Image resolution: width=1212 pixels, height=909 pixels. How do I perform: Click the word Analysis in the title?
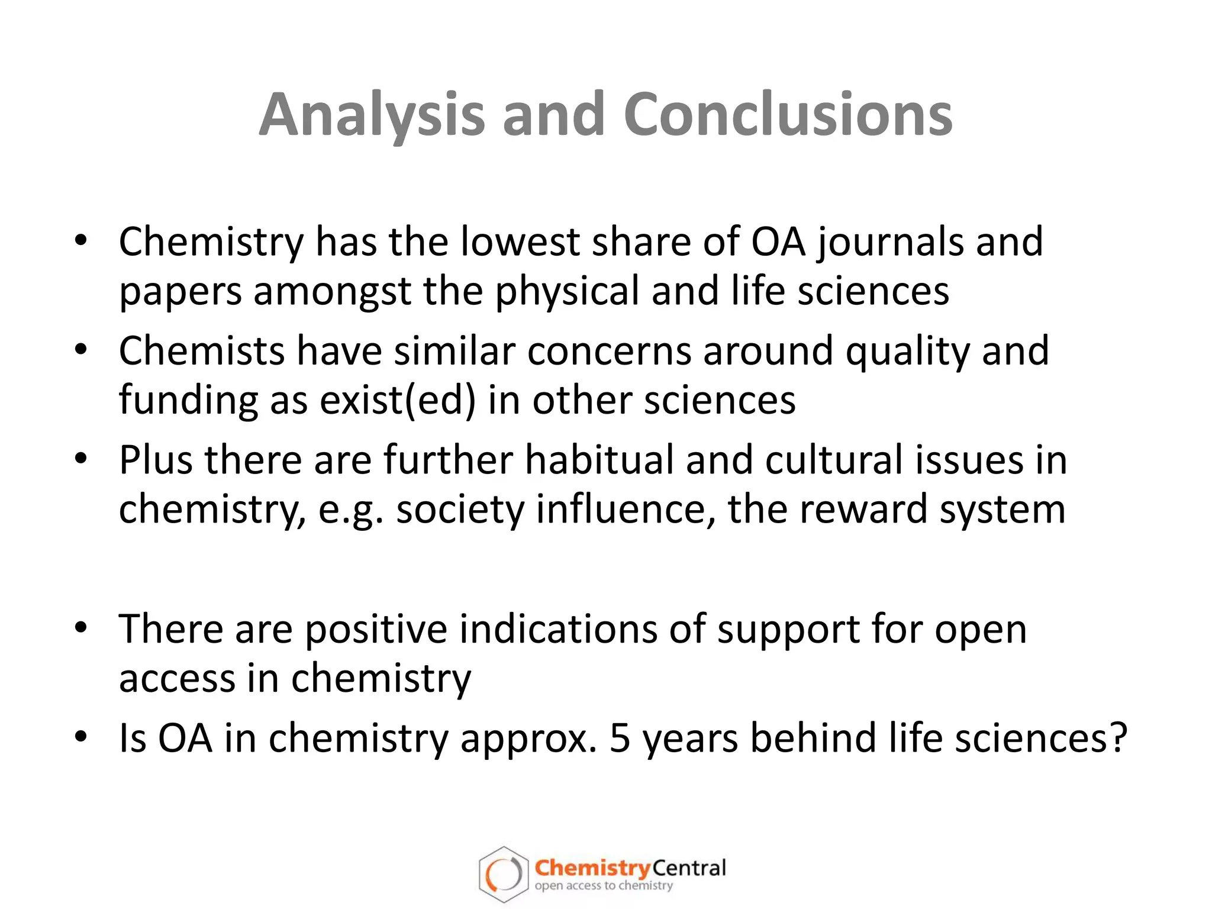[372, 115]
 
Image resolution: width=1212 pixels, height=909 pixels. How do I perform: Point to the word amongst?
[333, 292]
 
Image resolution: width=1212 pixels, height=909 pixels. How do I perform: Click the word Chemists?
[201, 350]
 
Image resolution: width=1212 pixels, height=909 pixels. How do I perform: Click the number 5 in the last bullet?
[620, 739]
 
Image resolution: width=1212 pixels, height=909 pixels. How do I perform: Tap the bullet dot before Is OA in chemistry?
[81, 737]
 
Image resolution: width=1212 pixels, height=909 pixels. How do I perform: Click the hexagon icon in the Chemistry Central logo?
[503, 875]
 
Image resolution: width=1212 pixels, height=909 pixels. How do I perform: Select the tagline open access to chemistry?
[604, 886]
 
